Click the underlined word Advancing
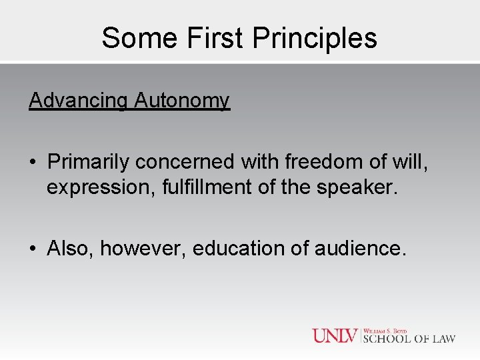(78, 101)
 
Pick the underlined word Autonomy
(182, 101)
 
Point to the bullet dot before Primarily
(33, 162)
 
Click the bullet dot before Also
(33, 249)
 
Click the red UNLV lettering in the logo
(336, 335)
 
